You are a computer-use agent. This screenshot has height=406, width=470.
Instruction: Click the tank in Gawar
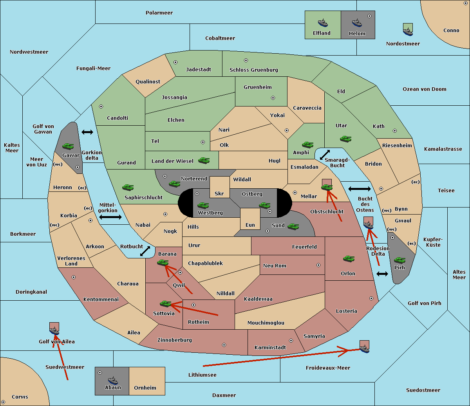click(x=68, y=146)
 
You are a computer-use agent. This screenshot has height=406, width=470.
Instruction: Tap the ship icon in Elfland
click(x=323, y=23)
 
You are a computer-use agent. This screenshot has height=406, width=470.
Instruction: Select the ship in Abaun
click(x=113, y=380)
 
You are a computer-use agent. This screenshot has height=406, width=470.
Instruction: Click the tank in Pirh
click(x=399, y=260)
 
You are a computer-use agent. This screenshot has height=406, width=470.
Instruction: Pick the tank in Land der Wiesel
click(x=204, y=161)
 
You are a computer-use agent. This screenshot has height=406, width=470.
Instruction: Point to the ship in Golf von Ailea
click(x=54, y=330)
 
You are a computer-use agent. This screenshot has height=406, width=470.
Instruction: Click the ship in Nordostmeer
click(x=408, y=32)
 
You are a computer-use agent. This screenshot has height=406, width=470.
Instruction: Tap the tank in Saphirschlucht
click(x=128, y=187)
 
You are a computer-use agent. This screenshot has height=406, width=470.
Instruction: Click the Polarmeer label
click(x=159, y=13)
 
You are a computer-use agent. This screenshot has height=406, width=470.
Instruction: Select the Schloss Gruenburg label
click(x=254, y=70)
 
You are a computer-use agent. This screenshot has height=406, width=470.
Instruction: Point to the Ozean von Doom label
click(x=425, y=89)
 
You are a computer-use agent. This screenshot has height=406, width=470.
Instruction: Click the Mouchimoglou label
click(x=266, y=323)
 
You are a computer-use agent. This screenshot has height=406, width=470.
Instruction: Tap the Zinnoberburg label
click(x=175, y=340)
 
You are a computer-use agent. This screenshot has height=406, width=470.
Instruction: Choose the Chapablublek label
click(x=205, y=263)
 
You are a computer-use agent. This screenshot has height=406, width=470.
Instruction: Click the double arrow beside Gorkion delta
click(x=87, y=132)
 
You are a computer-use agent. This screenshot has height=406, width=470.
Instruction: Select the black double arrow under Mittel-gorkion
click(x=110, y=217)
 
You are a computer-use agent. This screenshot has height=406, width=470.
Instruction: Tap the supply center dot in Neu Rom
click(x=318, y=265)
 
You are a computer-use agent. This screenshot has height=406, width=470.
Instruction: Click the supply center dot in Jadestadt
click(x=175, y=62)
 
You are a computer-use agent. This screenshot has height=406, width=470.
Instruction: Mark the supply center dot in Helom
click(x=369, y=16)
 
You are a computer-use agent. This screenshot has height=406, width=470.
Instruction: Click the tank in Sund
click(x=293, y=226)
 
